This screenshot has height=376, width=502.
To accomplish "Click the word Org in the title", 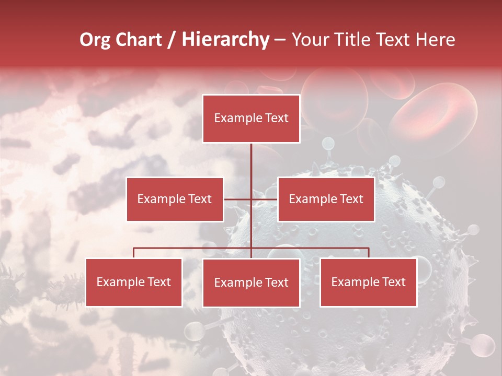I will pos(95,40).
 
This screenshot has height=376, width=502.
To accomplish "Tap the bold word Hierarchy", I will pos(225,40).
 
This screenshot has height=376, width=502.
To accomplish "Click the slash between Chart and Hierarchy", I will pos(172,40).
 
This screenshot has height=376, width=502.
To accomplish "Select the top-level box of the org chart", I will pos(251,119).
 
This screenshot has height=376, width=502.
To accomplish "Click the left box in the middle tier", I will pos(175,199).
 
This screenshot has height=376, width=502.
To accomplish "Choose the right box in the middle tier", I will pos(326,199).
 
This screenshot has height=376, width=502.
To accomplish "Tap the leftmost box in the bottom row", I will pos(134,283).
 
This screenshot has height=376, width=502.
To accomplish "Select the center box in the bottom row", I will pos(251,283).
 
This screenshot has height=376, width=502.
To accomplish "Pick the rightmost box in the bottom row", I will pos(368,283).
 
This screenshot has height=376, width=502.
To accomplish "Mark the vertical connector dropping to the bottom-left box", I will pos(134,253).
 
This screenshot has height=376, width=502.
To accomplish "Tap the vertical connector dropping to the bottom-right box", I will pos(368,253).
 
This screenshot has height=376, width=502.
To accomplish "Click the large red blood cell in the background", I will pos(434,112).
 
